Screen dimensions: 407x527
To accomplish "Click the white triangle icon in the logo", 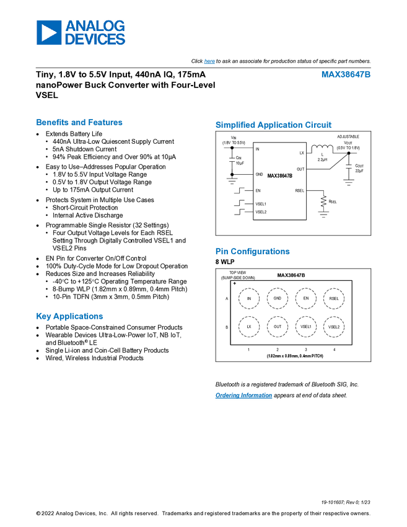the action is pos(49,32).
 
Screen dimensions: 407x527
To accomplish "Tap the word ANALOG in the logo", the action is pos(95,25).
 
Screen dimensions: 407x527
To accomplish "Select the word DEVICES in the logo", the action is pos(95,39).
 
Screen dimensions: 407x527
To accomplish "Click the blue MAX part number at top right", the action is pos(346,74).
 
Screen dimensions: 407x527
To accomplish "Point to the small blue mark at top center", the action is pos(209,62).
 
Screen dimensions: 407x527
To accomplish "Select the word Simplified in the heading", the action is pos(235,125).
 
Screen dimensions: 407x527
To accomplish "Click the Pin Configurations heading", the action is pos(252,252).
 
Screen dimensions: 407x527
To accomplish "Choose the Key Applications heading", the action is pos(70,316).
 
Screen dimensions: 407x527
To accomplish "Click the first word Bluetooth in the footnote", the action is pos(228,384).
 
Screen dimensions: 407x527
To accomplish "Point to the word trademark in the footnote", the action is pos(291,384).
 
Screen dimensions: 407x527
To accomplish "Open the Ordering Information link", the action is pos(243,396).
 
